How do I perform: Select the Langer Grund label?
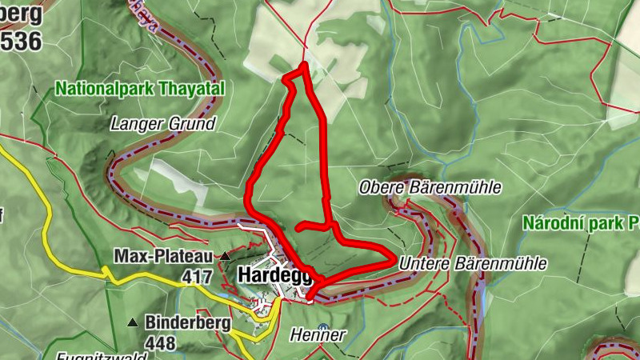point(163,124)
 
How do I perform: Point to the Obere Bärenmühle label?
point(430,187)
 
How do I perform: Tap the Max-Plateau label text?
point(162,257)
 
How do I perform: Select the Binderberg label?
point(188,323)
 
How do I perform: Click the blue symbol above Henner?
point(322,327)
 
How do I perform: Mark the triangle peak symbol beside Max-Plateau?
point(226,257)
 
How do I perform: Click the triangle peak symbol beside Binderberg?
point(132,323)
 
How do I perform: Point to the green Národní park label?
point(580,223)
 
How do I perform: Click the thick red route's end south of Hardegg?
point(309,298)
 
